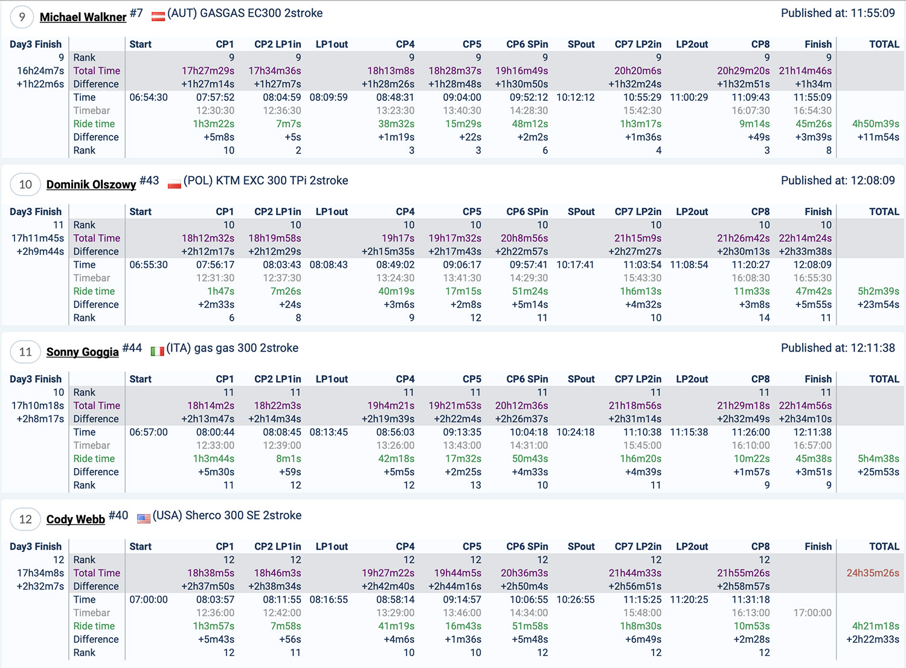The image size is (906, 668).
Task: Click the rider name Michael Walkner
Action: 83,17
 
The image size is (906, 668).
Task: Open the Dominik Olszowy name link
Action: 91,184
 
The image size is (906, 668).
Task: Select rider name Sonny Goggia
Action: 82,352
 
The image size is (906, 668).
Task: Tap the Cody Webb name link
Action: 75,519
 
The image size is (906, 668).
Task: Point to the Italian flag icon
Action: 157,351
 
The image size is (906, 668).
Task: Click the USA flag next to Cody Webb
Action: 143,518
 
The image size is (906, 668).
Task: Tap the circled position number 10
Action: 25,184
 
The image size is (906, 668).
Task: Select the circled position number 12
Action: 25,519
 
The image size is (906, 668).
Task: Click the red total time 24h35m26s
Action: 872,573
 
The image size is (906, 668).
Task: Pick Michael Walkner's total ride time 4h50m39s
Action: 875,124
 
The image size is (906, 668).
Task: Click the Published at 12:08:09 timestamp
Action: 838,181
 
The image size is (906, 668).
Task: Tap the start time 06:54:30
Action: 149,97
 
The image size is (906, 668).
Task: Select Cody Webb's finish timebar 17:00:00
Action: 812,612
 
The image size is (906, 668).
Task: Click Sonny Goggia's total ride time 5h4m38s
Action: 878,458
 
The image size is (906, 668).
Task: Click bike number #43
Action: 149,181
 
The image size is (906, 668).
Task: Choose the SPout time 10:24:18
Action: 575,432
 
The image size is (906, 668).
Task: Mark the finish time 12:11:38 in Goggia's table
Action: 812,432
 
